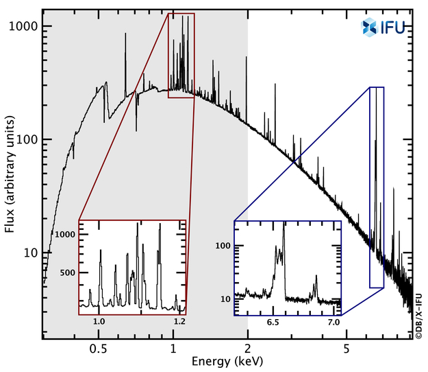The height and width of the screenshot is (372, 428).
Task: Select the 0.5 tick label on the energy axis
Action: pos(98,347)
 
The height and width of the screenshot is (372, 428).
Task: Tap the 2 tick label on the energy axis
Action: pos(247,347)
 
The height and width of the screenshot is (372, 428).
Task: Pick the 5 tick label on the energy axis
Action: pos(347,347)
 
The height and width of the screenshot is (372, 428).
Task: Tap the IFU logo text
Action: pos(392,27)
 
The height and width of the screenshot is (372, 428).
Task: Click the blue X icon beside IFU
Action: pos(370,27)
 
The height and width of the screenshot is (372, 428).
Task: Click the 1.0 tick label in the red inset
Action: pos(99,321)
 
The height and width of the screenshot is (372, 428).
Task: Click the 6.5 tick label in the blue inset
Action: pos(273,321)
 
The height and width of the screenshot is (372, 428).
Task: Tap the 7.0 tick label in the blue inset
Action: pos(334,321)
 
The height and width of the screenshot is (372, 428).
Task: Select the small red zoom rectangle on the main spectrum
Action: pos(181,55)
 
